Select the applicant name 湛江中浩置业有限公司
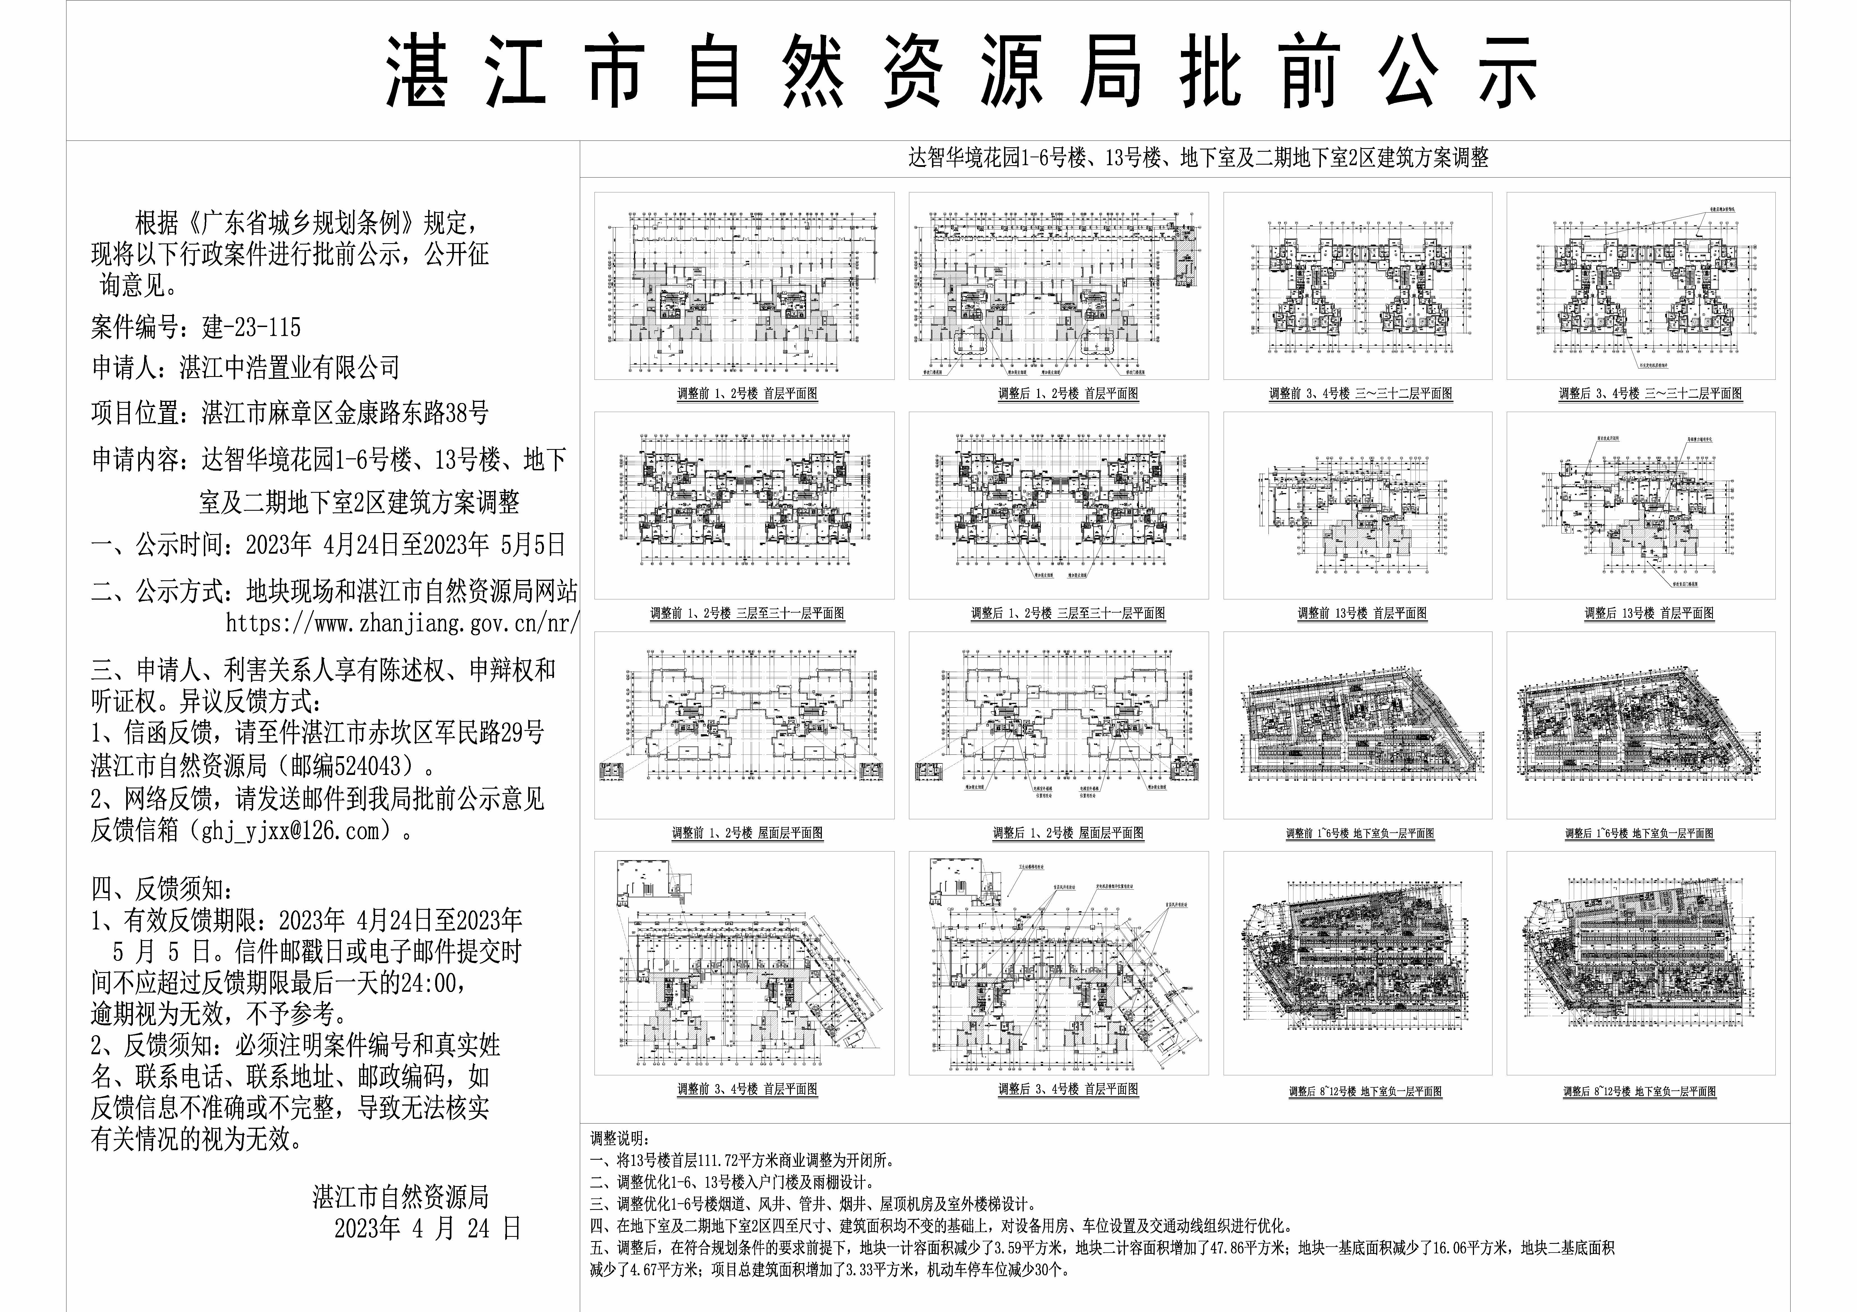(290, 368)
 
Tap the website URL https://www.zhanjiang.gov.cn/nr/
(402, 624)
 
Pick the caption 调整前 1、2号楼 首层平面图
(747, 394)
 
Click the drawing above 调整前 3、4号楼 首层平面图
(744, 963)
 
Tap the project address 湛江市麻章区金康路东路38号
(345, 413)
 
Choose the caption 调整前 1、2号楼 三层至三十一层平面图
(747, 613)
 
